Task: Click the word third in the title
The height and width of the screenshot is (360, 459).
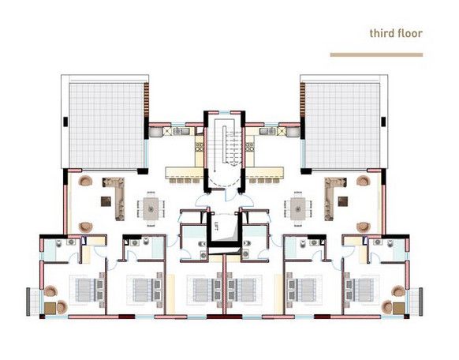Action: click(381, 33)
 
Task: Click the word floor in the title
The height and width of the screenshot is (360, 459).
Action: click(409, 33)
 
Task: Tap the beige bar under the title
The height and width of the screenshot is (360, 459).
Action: click(376, 54)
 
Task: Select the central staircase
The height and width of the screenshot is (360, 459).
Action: click(225, 147)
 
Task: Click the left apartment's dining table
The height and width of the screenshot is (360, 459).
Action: click(151, 208)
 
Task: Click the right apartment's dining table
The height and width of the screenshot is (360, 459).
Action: click(298, 208)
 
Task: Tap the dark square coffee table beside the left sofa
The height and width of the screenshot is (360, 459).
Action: click(106, 201)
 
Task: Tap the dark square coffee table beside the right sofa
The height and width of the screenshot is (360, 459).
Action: click(343, 201)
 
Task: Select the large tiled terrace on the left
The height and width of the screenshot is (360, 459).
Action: click(106, 126)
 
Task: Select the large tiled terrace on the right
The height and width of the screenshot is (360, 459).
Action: click(342, 126)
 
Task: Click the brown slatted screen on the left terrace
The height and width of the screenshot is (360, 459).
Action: click(147, 99)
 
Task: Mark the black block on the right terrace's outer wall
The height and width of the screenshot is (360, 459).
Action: click(383, 122)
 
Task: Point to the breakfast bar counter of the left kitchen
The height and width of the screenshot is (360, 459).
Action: click(185, 173)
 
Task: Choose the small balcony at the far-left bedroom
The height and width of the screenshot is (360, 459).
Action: click(33, 302)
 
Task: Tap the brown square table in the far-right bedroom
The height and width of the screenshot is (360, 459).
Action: click(399, 308)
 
